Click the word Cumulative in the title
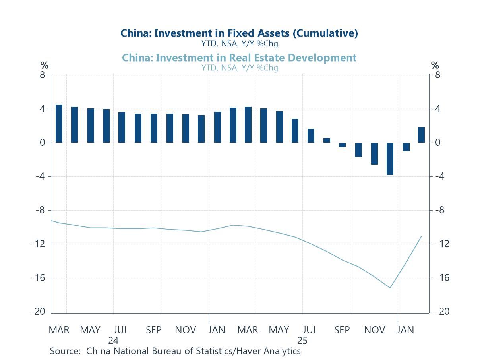[x=325, y=33]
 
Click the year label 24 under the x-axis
[x=113, y=341]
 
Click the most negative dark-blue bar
[x=390, y=159]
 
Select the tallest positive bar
[x=59, y=123]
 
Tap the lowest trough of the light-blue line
[x=390, y=288]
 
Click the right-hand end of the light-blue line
[x=421, y=236]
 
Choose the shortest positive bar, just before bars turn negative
[x=327, y=140]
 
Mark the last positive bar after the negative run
[x=421, y=135]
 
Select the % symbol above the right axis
[x=435, y=65]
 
